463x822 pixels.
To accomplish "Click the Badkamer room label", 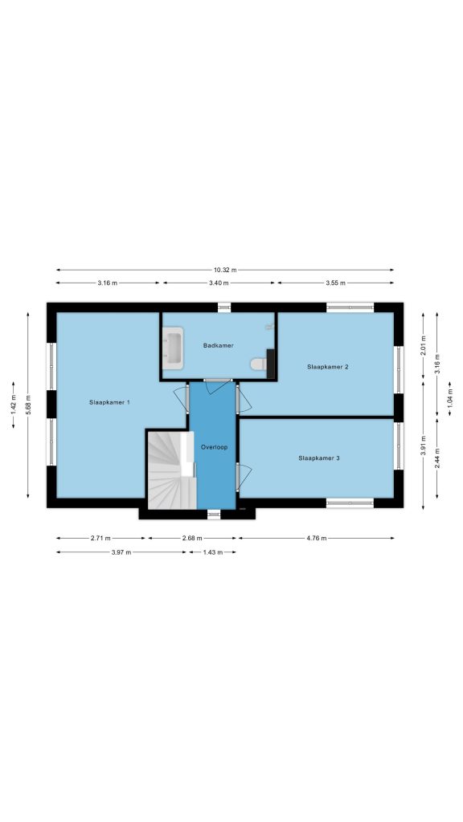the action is (218, 345).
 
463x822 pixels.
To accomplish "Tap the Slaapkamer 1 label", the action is (109, 402).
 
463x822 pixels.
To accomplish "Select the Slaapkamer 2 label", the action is (328, 367).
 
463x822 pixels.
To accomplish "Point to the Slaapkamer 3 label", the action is (318, 458).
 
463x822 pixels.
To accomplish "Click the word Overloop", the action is (214, 447).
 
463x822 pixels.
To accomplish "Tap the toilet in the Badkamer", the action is (259, 364).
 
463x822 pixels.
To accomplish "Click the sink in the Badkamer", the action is (173, 348).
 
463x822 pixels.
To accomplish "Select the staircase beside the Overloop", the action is (171, 470).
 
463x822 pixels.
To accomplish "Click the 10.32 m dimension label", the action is (225, 270).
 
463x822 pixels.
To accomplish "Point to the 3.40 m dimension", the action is (219, 283).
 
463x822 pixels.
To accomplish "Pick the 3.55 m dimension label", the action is (335, 283).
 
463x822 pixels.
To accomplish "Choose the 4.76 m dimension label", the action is (316, 538).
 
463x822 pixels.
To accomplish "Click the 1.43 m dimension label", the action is (212, 552).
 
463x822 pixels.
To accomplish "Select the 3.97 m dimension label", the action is (121, 552).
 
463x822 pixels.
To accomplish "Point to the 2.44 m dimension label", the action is (436, 458).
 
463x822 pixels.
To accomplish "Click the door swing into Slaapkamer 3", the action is (244, 475).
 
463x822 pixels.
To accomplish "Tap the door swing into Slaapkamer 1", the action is (181, 399).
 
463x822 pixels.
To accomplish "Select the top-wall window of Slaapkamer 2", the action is (350, 307).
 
